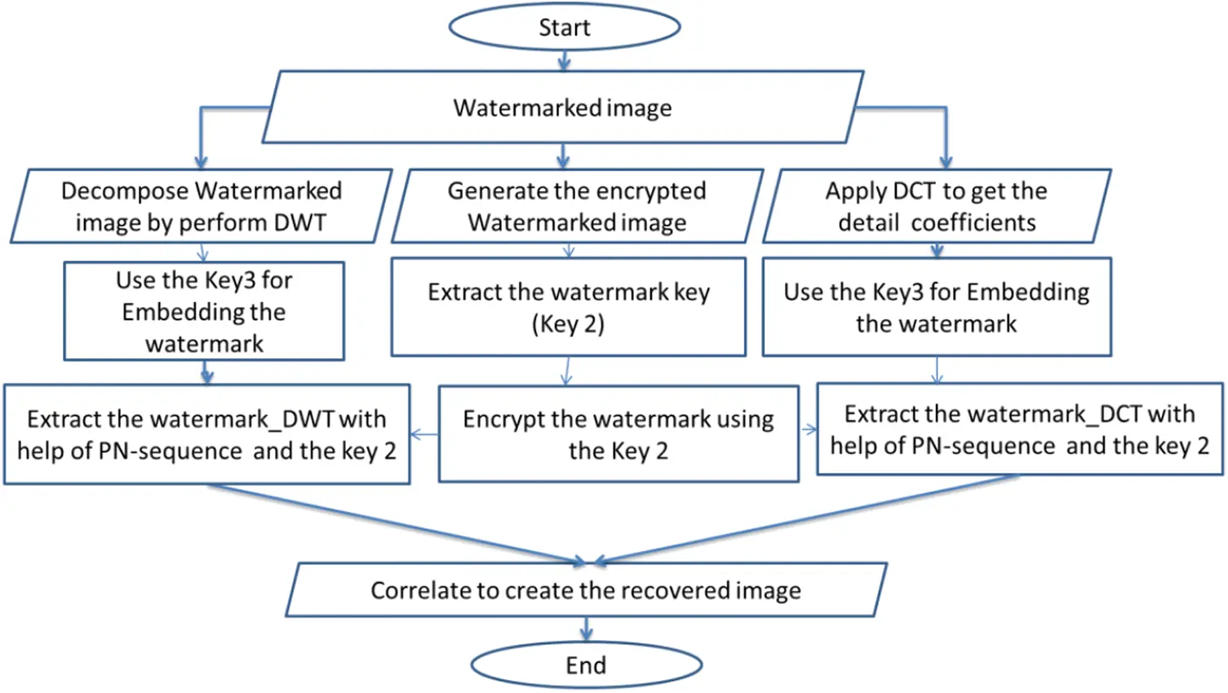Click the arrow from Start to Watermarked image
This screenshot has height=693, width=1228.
[564, 61]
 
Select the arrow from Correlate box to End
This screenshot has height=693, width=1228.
[587, 629]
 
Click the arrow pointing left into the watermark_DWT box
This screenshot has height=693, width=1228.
[424, 435]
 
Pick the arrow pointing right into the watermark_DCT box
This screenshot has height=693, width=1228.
[808, 430]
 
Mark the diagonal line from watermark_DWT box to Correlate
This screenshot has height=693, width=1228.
[397, 524]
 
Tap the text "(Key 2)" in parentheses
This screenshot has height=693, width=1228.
[569, 324]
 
